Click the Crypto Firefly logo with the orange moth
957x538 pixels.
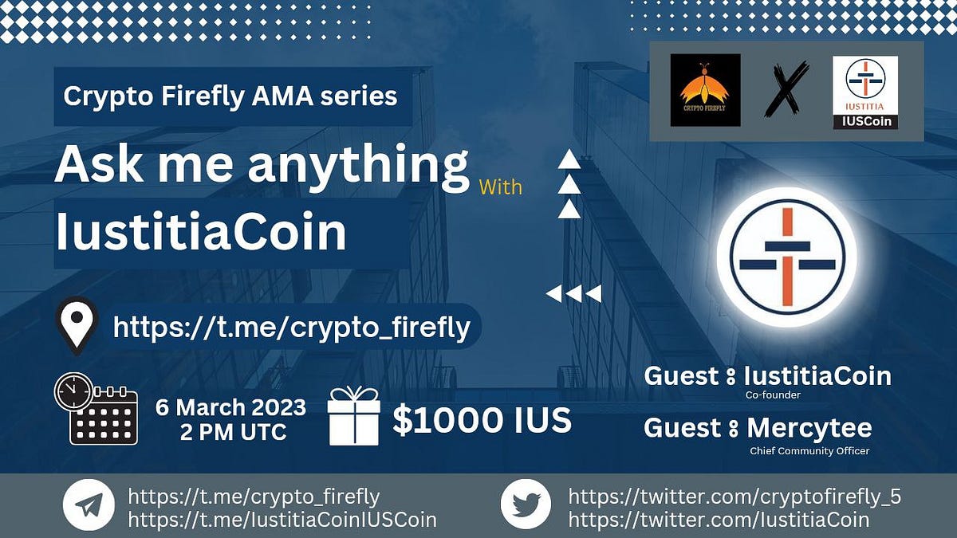(x=705, y=90)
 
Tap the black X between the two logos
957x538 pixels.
(x=786, y=90)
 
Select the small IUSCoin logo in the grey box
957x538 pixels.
(x=865, y=92)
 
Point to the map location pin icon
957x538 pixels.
(x=77, y=325)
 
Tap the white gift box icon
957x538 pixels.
(x=353, y=417)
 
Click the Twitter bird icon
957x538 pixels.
(x=526, y=505)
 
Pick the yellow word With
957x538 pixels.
(x=501, y=187)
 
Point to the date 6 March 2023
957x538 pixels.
(x=230, y=407)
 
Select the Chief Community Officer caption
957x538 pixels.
(x=809, y=451)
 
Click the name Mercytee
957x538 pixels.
(x=809, y=428)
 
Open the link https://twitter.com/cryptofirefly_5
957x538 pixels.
(x=734, y=497)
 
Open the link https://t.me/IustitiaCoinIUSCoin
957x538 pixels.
(x=282, y=520)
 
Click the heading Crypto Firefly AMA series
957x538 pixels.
(x=230, y=96)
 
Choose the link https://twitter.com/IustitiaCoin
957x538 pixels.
(x=718, y=520)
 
